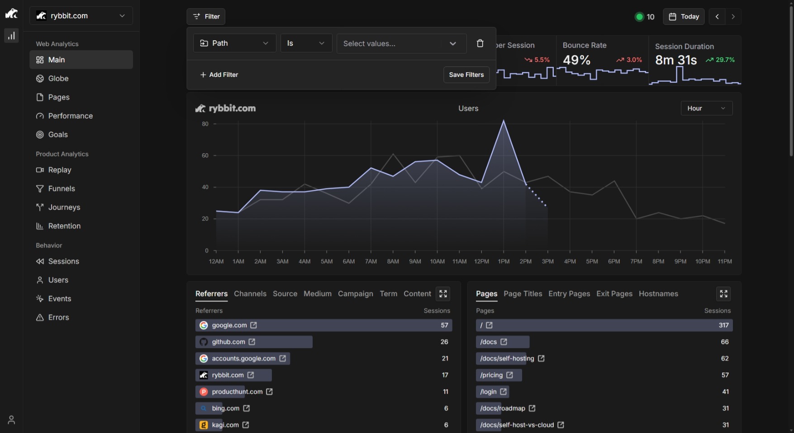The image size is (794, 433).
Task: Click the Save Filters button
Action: click(466, 75)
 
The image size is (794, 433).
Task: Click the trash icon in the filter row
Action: click(480, 43)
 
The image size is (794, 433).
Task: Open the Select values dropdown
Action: click(401, 43)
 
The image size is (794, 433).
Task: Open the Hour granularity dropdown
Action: click(706, 108)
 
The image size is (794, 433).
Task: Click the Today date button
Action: click(684, 17)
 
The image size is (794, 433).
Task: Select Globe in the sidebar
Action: click(58, 79)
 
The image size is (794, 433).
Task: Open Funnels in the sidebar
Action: click(62, 188)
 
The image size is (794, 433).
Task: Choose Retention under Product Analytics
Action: click(64, 226)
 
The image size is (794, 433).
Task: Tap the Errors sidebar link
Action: click(59, 317)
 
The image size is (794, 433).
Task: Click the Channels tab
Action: click(250, 294)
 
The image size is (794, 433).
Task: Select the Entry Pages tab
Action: click(569, 294)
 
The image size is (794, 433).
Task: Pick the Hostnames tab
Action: click(658, 294)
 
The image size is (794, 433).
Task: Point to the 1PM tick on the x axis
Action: click(504, 261)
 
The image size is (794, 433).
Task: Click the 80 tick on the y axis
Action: click(205, 124)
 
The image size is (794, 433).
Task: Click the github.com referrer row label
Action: click(228, 342)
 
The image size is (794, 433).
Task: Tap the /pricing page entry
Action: click(491, 375)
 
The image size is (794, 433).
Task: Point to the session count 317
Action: click(723, 325)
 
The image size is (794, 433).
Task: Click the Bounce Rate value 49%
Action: click(576, 60)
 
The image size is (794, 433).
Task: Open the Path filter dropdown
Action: click(234, 43)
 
